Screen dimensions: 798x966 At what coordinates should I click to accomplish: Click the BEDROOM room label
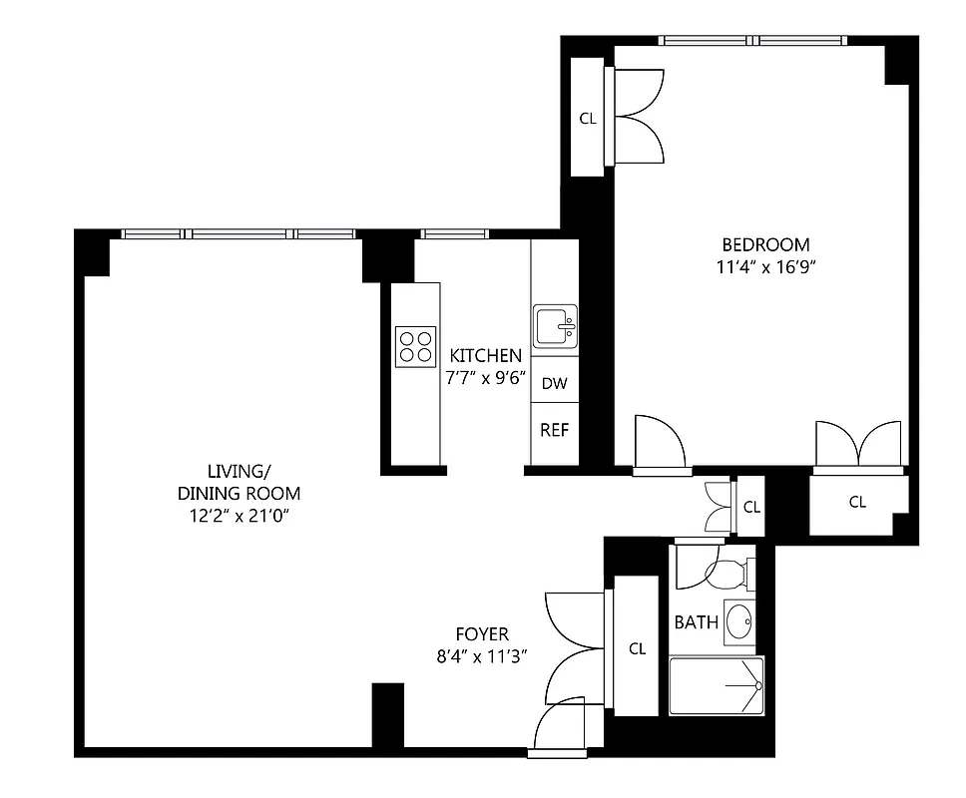(x=765, y=244)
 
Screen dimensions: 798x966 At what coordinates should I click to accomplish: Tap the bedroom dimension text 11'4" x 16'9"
(x=765, y=266)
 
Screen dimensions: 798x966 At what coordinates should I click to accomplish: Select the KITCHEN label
(x=485, y=356)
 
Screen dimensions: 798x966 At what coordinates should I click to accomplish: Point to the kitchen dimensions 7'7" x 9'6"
(x=485, y=378)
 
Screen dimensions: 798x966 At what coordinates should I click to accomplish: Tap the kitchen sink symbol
(x=554, y=326)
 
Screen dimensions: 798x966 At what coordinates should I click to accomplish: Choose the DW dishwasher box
(x=554, y=383)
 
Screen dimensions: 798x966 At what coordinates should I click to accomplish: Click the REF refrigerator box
(x=554, y=431)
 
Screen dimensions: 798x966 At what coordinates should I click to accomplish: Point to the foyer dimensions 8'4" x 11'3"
(x=482, y=656)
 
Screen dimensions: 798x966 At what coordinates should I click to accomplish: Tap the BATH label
(x=696, y=622)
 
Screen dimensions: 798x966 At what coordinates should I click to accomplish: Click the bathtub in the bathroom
(x=716, y=685)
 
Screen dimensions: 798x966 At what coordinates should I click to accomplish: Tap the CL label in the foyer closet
(x=637, y=648)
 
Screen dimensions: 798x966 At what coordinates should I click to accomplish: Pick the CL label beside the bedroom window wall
(x=588, y=119)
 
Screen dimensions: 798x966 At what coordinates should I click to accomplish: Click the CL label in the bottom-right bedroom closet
(x=856, y=503)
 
